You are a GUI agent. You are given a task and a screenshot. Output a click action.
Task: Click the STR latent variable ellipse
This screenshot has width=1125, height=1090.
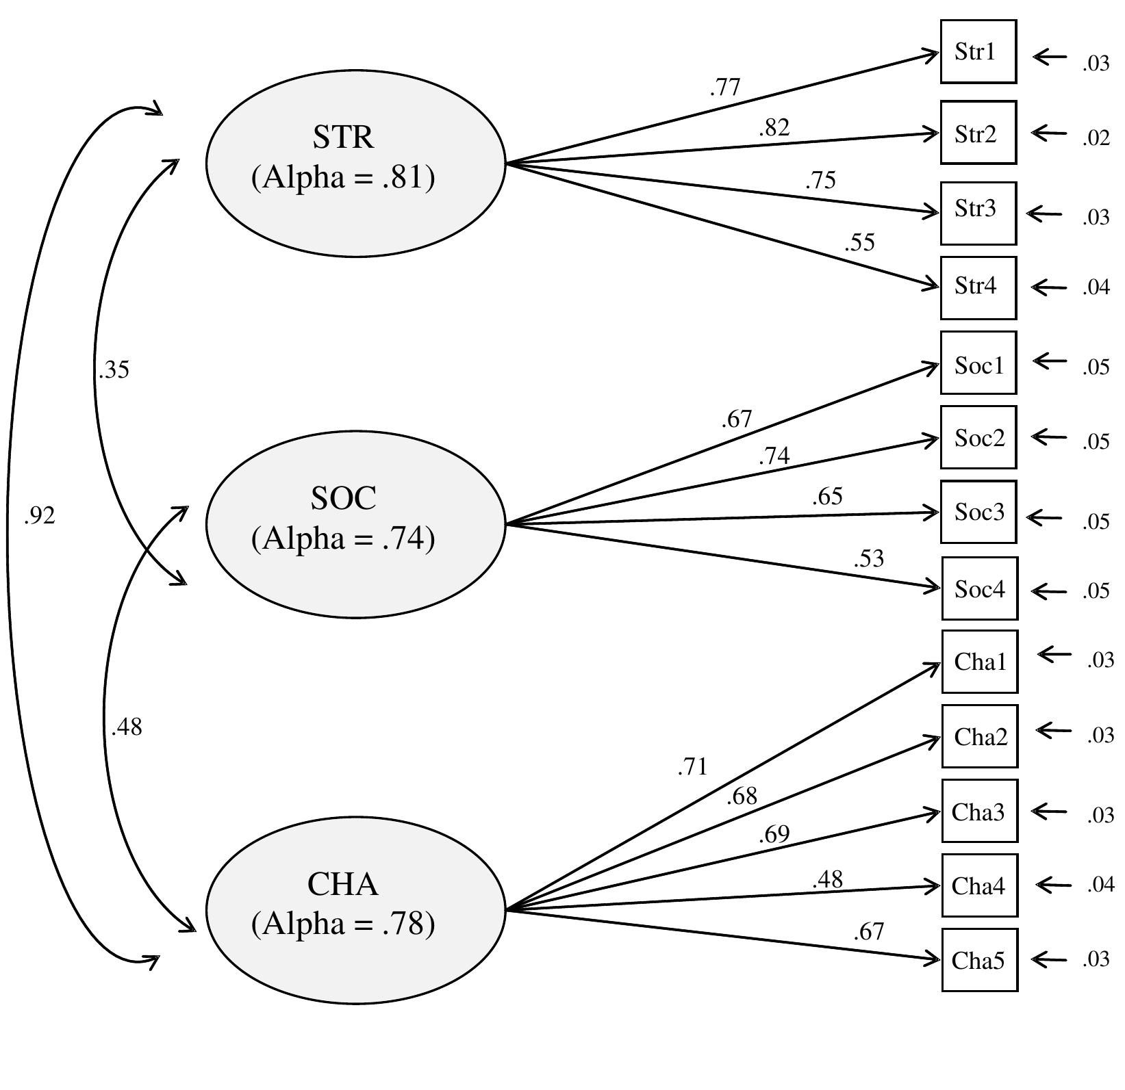pos(355,163)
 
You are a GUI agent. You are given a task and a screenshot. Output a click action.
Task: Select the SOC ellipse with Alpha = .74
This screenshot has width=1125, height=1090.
pos(355,524)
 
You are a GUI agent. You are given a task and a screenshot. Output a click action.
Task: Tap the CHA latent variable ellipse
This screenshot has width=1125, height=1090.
pos(355,910)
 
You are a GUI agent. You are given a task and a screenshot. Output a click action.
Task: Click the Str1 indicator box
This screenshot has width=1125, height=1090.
pos(978,52)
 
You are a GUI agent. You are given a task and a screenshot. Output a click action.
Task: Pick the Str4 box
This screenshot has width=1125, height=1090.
pos(978,287)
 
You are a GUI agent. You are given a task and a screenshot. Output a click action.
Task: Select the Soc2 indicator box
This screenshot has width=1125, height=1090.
pos(978,437)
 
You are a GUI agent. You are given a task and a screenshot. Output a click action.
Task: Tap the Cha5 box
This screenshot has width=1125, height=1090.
pos(979,960)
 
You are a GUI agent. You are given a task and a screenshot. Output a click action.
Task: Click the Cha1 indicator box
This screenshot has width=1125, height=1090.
pos(979,662)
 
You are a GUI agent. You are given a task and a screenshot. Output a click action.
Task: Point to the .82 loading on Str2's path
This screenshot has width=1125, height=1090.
pos(774,128)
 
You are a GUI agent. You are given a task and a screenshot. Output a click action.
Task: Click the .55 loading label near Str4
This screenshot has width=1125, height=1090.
pos(859,243)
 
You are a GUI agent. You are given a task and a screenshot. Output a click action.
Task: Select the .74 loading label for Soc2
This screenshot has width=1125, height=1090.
pos(774,456)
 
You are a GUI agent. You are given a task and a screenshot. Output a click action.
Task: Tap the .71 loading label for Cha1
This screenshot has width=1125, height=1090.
pos(692,768)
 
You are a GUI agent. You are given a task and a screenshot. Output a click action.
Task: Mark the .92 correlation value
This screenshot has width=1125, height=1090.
pos(39,516)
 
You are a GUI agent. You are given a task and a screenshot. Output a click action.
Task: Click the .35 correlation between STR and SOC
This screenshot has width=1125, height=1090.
pos(114,369)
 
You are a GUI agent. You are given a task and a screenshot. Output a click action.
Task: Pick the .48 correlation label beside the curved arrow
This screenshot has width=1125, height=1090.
pos(127,727)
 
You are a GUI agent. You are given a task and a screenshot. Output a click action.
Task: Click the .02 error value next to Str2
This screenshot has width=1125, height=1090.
pos(1096,138)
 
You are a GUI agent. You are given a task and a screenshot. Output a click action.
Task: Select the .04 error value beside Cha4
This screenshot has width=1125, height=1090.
pos(1100,885)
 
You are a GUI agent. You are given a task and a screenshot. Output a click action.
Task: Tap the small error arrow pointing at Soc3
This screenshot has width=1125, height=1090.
pos(1045,518)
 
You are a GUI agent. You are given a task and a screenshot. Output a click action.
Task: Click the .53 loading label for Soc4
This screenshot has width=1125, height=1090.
pos(868,559)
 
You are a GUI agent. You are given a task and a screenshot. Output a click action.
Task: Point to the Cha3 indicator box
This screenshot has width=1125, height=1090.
pos(979,811)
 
